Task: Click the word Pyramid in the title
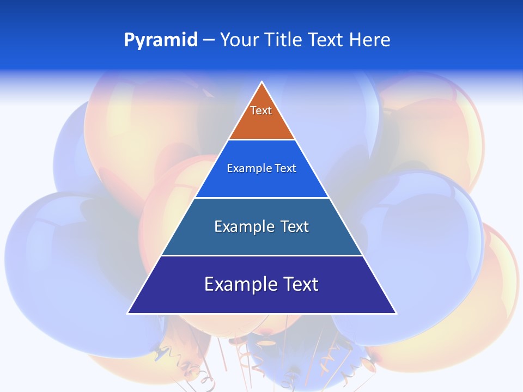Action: click(x=161, y=40)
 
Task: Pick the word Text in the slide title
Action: click(x=326, y=40)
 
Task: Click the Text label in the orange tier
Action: click(x=261, y=111)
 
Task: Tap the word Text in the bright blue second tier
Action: click(x=286, y=168)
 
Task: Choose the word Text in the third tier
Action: click(x=295, y=226)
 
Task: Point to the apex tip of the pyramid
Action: click(x=262, y=83)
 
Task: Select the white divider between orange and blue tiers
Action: click(x=262, y=140)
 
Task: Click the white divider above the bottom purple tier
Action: click(x=262, y=255)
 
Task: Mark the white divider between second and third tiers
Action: click(x=262, y=198)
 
